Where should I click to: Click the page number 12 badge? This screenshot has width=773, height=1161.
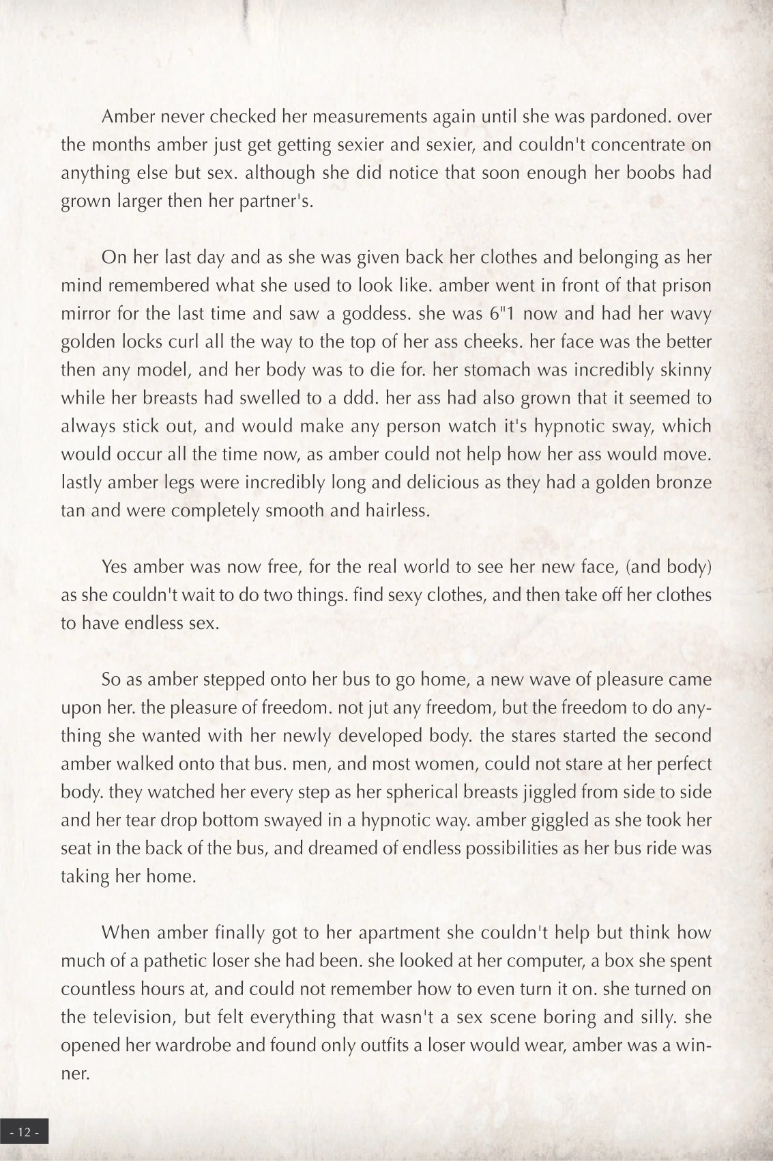(x=25, y=1132)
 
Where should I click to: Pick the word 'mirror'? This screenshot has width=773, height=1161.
(x=84, y=313)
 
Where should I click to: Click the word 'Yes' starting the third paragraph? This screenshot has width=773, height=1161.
(x=115, y=567)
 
